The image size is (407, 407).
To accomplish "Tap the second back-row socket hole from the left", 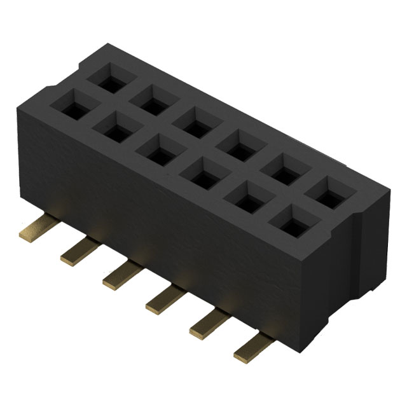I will coord(150,99).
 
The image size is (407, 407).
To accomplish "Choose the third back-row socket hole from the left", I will coord(193,121).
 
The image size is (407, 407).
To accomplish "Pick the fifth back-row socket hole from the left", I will coord(280,167).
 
